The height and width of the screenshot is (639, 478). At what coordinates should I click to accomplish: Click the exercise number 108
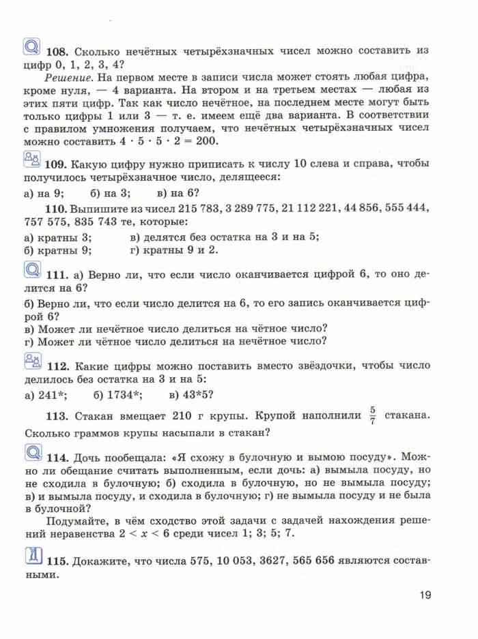tap(57, 52)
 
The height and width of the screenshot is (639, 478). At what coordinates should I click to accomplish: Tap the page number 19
tap(425, 596)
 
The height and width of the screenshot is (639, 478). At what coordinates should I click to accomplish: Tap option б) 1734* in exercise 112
tap(117, 393)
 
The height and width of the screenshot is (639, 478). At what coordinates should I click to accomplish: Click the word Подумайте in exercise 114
tap(75, 520)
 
